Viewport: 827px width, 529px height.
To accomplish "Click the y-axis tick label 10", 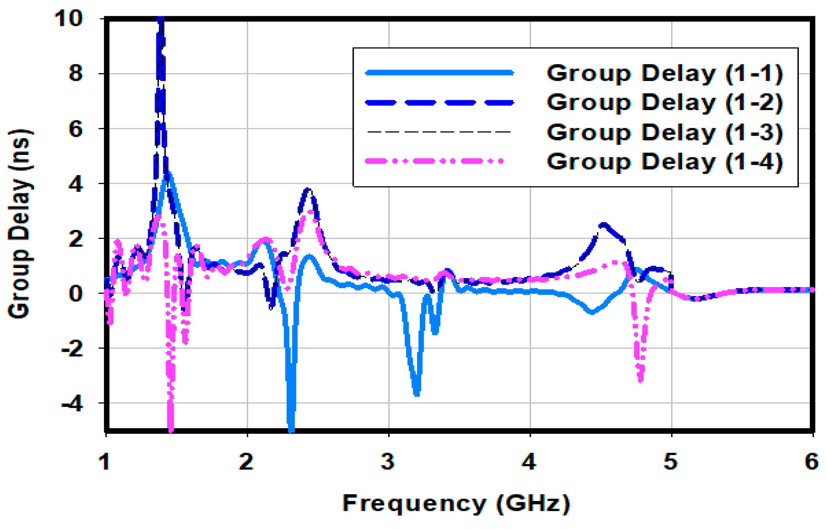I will click(x=69, y=18).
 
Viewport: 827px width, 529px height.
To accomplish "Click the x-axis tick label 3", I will click(x=388, y=462).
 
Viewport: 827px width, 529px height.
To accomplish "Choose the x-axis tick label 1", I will click(x=104, y=462).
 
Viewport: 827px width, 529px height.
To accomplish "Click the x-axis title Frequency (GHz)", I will click(x=456, y=504).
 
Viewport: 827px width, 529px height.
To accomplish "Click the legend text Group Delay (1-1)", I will click(x=664, y=73).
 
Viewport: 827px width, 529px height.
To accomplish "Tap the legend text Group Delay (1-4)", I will click(x=664, y=161).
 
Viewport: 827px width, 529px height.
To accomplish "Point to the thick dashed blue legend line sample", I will click(x=440, y=102).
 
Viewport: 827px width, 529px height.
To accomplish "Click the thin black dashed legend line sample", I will click(x=440, y=132).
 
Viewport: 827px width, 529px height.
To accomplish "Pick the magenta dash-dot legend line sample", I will click(x=434, y=161).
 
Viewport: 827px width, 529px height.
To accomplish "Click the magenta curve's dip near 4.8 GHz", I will click(x=640, y=380).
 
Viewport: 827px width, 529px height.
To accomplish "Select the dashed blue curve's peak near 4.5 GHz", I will click(x=604, y=225).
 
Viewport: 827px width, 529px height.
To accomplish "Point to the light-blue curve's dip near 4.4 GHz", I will click(x=592, y=312).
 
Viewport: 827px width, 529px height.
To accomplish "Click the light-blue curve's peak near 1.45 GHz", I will click(x=168, y=174).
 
